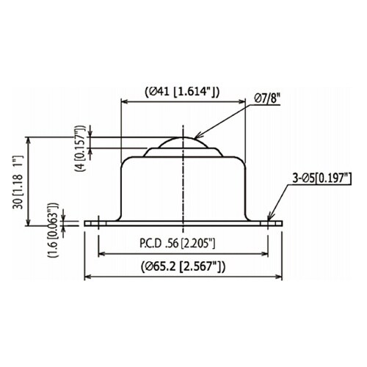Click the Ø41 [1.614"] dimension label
182,92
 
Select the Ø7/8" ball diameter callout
267,99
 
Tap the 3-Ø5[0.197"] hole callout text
322,178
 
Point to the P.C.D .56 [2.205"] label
178,244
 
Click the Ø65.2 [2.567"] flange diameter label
183,266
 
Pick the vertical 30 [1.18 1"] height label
18,182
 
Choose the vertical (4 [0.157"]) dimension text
81,148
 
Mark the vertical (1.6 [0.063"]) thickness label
54,230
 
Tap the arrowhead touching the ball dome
197,135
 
